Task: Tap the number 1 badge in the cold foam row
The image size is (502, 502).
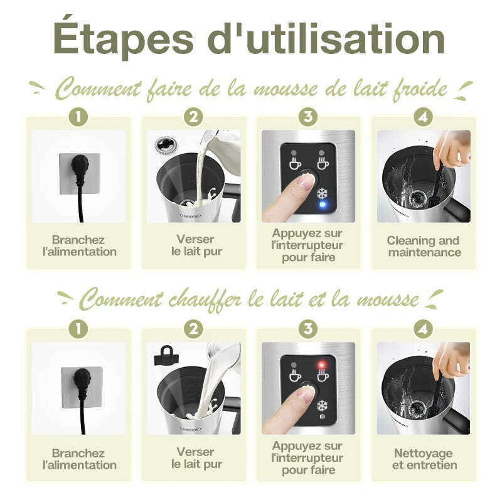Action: [78, 117]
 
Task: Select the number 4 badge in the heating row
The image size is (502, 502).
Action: [423, 329]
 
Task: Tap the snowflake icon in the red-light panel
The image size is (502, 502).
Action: [322, 406]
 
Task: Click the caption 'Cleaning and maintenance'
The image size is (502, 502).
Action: [424, 246]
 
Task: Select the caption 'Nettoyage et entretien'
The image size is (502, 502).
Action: [424, 459]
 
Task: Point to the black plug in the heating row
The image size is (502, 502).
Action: [82, 397]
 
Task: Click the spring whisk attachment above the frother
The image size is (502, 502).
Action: [166, 145]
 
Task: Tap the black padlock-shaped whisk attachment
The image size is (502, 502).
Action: [166, 355]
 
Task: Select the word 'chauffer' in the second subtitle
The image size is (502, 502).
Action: [205, 300]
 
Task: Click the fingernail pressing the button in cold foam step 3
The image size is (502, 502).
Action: [306, 181]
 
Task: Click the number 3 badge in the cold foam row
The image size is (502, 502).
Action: [308, 117]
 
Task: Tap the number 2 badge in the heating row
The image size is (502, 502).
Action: [193, 329]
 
